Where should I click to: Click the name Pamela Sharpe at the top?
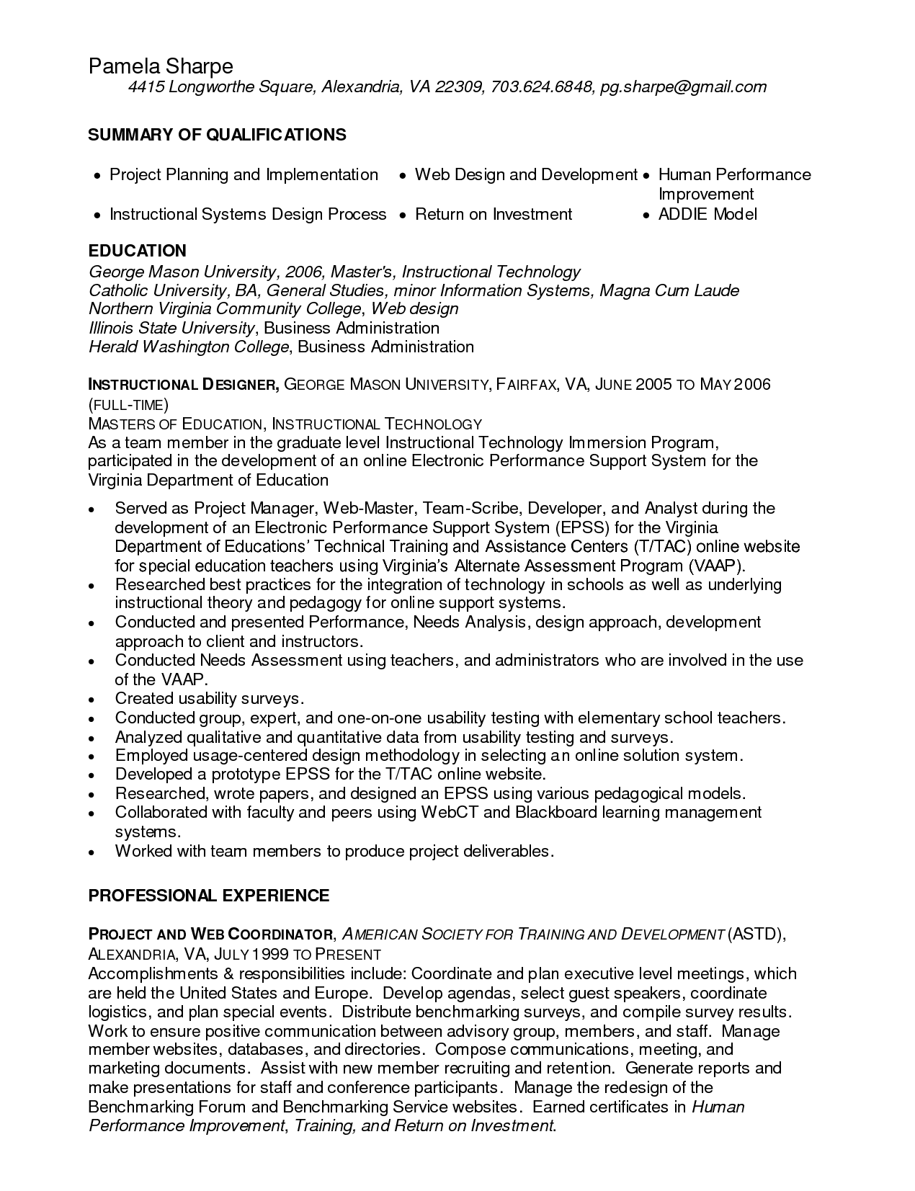coord(161,66)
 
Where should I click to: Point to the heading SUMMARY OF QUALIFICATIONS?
coord(217,135)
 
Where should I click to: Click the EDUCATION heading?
coord(137,251)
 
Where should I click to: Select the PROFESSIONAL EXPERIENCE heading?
coord(208,896)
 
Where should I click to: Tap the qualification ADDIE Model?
coord(708,214)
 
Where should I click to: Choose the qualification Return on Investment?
coord(494,214)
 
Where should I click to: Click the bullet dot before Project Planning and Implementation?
coord(97,176)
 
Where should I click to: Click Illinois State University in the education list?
coord(171,328)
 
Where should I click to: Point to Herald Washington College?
coord(188,347)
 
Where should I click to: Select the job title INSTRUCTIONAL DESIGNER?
coord(184,385)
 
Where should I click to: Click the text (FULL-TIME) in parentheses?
coord(128,404)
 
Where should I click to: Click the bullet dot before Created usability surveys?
coord(91,700)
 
